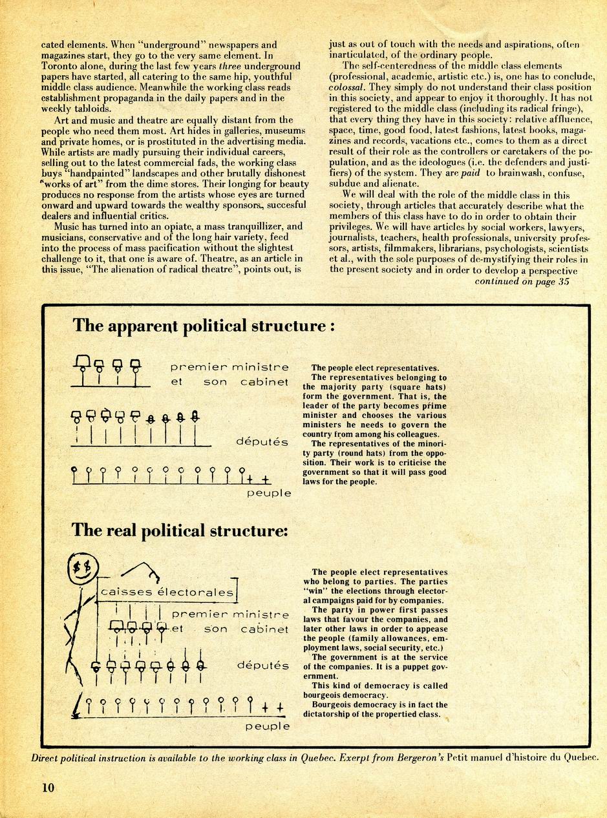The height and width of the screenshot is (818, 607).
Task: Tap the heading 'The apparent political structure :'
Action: (x=204, y=325)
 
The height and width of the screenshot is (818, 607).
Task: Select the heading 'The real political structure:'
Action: (x=180, y=530)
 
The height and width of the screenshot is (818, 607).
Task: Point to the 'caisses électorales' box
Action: (x=167, y=592)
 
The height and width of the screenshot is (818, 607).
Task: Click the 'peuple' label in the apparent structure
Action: (x=269, y=494)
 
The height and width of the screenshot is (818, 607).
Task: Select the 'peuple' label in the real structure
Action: (x=267, y=726)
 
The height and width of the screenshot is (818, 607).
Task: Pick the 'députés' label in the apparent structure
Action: (x=262, y=443)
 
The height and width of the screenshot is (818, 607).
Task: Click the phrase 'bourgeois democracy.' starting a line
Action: (x=347, y=695)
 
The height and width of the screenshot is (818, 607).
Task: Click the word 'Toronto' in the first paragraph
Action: (x=60, y=66)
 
